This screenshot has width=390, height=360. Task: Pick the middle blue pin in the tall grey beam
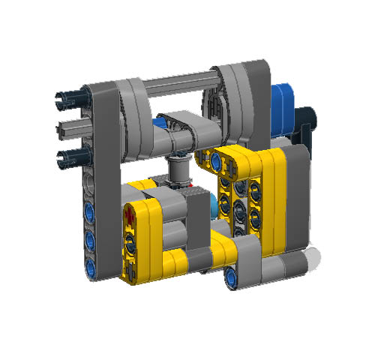click(91, 238)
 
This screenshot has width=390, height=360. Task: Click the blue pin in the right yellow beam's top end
click(219, 159)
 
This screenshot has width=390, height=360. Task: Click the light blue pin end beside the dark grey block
click(217, 205)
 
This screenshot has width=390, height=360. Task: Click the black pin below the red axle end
click(133, 241)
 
